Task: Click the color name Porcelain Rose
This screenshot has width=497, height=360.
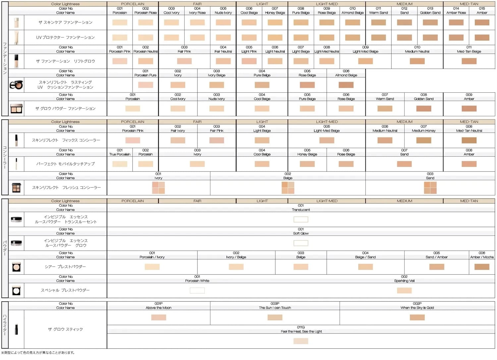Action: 145,13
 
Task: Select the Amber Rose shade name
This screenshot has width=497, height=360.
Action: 456,13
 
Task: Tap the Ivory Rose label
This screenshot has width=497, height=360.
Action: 197,13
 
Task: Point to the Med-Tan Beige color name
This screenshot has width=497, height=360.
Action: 469,51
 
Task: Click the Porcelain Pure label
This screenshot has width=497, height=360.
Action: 145,75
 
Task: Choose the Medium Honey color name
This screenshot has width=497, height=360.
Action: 423,130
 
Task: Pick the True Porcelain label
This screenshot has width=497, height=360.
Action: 120,154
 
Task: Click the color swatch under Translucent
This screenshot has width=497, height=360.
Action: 301,219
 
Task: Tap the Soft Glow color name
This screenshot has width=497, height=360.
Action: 301,233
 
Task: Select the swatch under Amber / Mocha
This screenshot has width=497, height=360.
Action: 482,267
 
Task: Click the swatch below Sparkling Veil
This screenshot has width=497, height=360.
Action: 404,290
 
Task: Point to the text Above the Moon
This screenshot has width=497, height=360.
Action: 158,308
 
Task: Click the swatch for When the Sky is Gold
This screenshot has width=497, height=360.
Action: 417,317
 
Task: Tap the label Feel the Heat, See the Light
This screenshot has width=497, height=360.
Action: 301,332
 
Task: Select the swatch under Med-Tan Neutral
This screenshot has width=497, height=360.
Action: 469,140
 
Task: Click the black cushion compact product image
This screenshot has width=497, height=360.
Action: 16,85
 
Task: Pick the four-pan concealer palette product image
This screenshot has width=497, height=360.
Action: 16,188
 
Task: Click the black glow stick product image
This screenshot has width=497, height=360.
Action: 16,329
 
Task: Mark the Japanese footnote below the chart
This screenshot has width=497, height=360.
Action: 38,353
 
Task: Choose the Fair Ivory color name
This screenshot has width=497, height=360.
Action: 178,130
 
